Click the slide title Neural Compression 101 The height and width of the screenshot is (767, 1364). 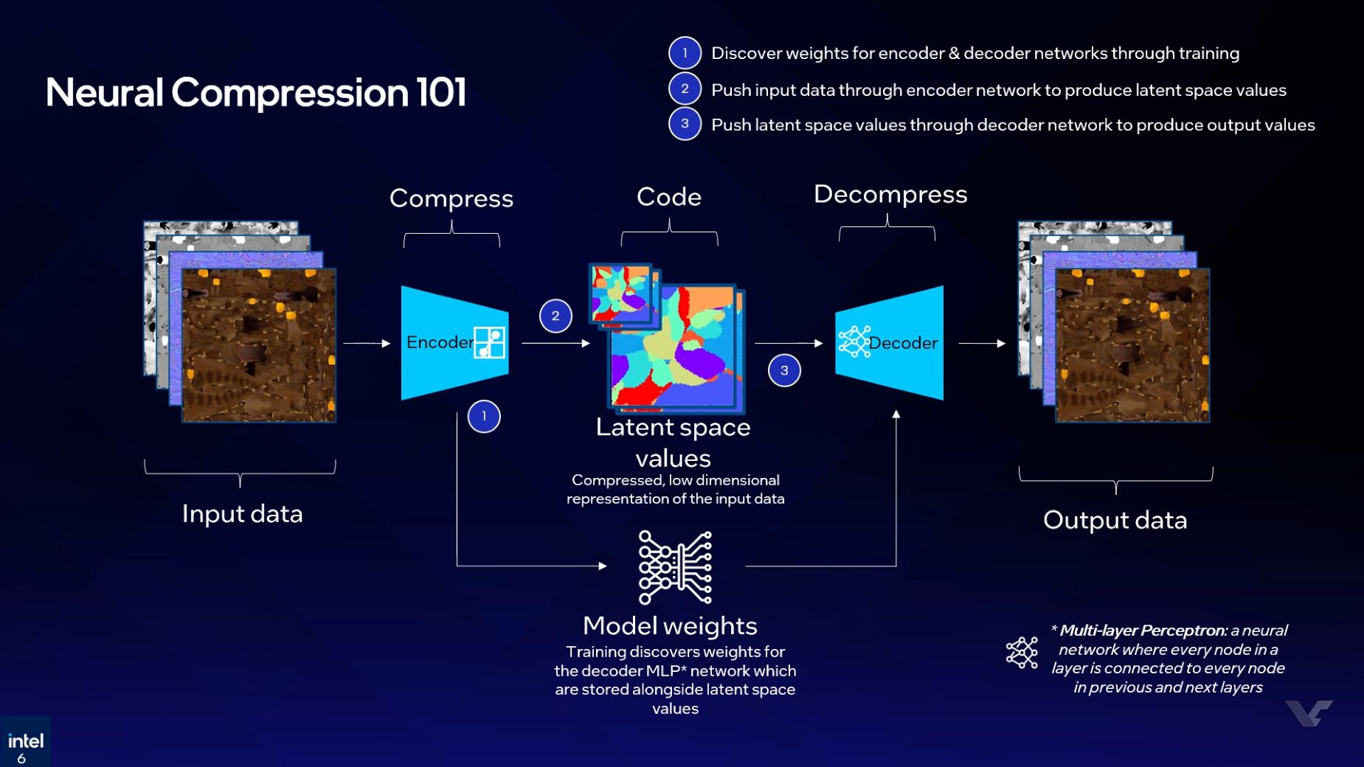[x=255, y=93]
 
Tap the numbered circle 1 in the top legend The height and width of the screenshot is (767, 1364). [x=685, y=53]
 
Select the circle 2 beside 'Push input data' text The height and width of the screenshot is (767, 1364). [x=685, y=88]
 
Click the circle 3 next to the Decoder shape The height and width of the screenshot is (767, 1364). [x=784, y=370]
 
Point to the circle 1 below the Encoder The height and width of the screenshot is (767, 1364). [x=484, y=417]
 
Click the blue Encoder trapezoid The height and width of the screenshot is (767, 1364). [x=443, y=343]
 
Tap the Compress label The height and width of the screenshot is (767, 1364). [x=451, y=198]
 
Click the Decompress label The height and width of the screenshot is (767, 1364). [x=890, y=195]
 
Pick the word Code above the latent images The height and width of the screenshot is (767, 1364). [x=668, y=197]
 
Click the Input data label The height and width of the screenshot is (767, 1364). [x=242, y=514]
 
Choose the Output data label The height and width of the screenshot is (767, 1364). [x=1115, y=521]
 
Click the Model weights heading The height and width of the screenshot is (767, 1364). [x=670, y=626]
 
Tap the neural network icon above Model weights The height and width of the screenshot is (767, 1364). [x=675, y=567]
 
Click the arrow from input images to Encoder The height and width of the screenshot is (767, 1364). [x=367, y=344]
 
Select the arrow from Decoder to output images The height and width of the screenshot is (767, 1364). [x=982, y=344]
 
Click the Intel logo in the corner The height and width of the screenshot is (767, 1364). [x=25, y=742]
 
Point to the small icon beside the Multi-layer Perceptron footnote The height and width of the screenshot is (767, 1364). [x=1022, y=653]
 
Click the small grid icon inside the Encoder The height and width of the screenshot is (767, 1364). [x=490, y=342]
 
